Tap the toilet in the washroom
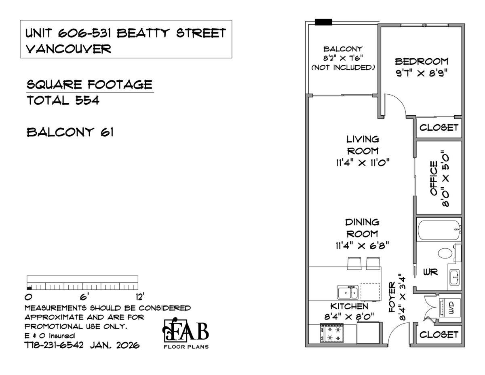coord(445,254)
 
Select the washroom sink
coord(454,277)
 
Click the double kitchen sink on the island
coord(348,292)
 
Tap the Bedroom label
coord(422,61)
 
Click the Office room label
coord(434,178)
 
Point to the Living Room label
coord(363,145)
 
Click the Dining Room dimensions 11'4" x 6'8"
coord(362,245)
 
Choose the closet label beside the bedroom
coord(439,128)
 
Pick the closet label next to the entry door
coord(439,335)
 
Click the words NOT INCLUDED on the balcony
coord(343,68)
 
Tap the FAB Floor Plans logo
coord(186,333)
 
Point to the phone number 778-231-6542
coord(54,345)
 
